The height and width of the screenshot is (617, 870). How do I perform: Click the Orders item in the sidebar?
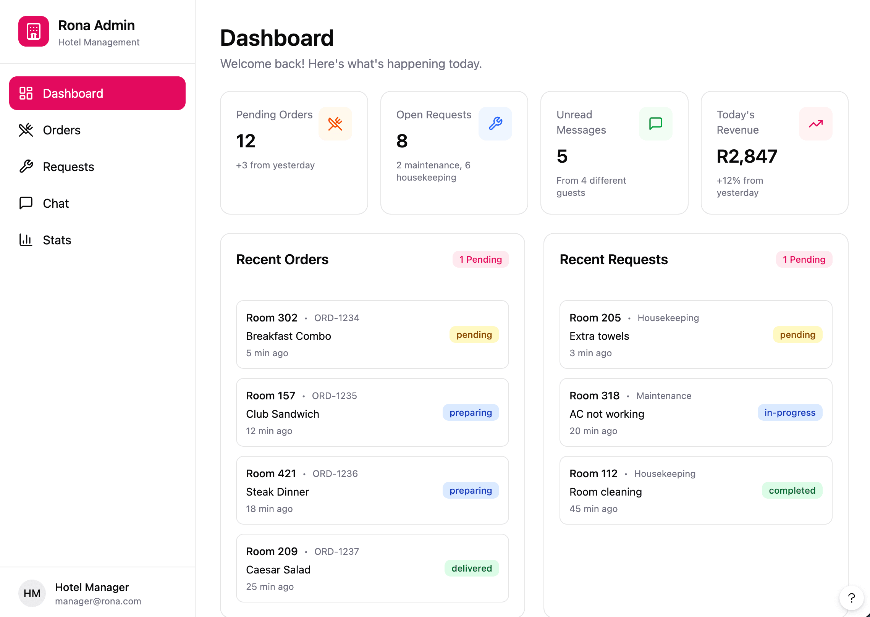pyautogui.click(x=61, y=130)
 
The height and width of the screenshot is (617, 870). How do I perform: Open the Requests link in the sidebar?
pyautogui.click(x=68, y=167)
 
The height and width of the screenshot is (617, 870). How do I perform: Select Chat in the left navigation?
pyautogui.click(x=56, y=204)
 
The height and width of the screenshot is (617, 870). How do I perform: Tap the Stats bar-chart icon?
pyautogui.click(x=26, y=240)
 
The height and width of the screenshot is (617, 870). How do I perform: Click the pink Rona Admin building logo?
pyautogui.click(x=34, y=31)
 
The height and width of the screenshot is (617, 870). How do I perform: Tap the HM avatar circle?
pyautogui.click(x=32, y=593)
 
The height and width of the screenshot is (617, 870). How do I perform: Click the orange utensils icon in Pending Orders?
pyautogui.click(x=335, y=124)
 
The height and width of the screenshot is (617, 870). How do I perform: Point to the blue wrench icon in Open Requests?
pyautogui.click(x=495, y=124)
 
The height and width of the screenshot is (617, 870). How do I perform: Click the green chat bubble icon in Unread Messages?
pyautogui.click(x=655, y=124)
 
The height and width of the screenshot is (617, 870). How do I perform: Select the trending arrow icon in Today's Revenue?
pyautogui.click(x=815, y=124)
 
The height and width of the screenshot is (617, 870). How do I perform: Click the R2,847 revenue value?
pyautogui.click(x=747, y=157)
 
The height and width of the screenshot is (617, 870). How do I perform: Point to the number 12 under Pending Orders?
pyautogui.click(x=246, y=141)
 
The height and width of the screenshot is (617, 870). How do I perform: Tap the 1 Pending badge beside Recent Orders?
pyautogui.click(x=480, y=260)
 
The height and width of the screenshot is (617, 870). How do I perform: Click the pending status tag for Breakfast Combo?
pyautogui.click(x=474, y=335)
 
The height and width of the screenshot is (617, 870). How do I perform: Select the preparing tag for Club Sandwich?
pyautogui.click(x=471, y=413)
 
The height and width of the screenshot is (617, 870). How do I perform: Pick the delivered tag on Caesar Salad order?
pyautogui.click(x=472, y=569)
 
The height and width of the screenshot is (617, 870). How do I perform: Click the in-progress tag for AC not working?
pyautogui.click(x=790, y=413)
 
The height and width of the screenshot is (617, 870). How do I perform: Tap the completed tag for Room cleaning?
pyautogui.click(x=792, y=491)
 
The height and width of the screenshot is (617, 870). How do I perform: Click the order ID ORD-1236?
pyautogui.click(x=335, y=474)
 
